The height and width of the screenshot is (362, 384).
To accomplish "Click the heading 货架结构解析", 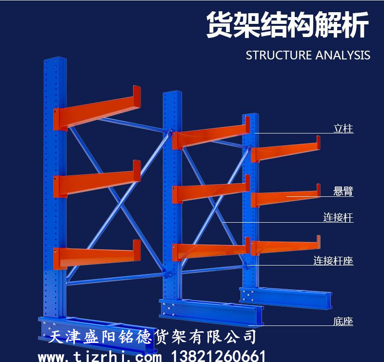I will (287, 25).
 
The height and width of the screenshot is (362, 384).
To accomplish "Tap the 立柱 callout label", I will (343, 129).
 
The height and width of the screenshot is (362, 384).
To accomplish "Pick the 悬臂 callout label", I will (343, 191).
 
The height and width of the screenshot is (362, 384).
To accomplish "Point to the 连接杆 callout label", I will (338, 217).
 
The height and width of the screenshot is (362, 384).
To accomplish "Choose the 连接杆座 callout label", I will (333, 261).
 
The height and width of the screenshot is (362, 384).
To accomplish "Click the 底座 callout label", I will (343, 321).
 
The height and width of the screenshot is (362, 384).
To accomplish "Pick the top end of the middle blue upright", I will (172, 93).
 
